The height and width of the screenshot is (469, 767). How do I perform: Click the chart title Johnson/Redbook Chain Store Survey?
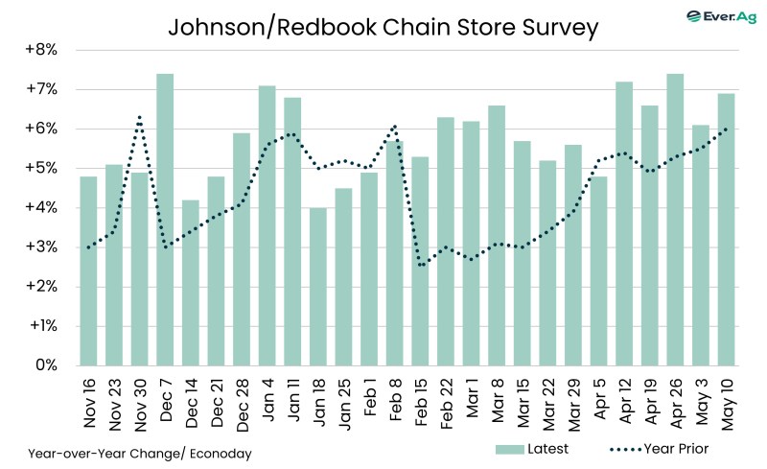point(383,27)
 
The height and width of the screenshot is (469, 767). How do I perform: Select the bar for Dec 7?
point(165,220)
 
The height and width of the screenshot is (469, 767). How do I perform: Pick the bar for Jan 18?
point(318,287)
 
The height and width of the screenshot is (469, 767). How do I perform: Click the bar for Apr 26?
point(676,220)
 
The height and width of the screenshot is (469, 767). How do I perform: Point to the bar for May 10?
point(727,229)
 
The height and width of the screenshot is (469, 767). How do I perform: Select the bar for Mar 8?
point(497,235)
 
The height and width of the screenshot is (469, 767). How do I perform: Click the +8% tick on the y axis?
point(43,50)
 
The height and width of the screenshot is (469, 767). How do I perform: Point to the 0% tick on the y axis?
point(47,365)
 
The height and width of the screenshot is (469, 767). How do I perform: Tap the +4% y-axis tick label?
point(43,208)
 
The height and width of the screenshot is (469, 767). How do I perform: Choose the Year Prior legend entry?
point(662,448)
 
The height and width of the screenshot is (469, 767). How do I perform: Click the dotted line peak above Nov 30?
point(140,117)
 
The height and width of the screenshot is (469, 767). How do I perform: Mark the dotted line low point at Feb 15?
point(421,264)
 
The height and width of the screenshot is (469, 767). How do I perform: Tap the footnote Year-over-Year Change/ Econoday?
point(140,453)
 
